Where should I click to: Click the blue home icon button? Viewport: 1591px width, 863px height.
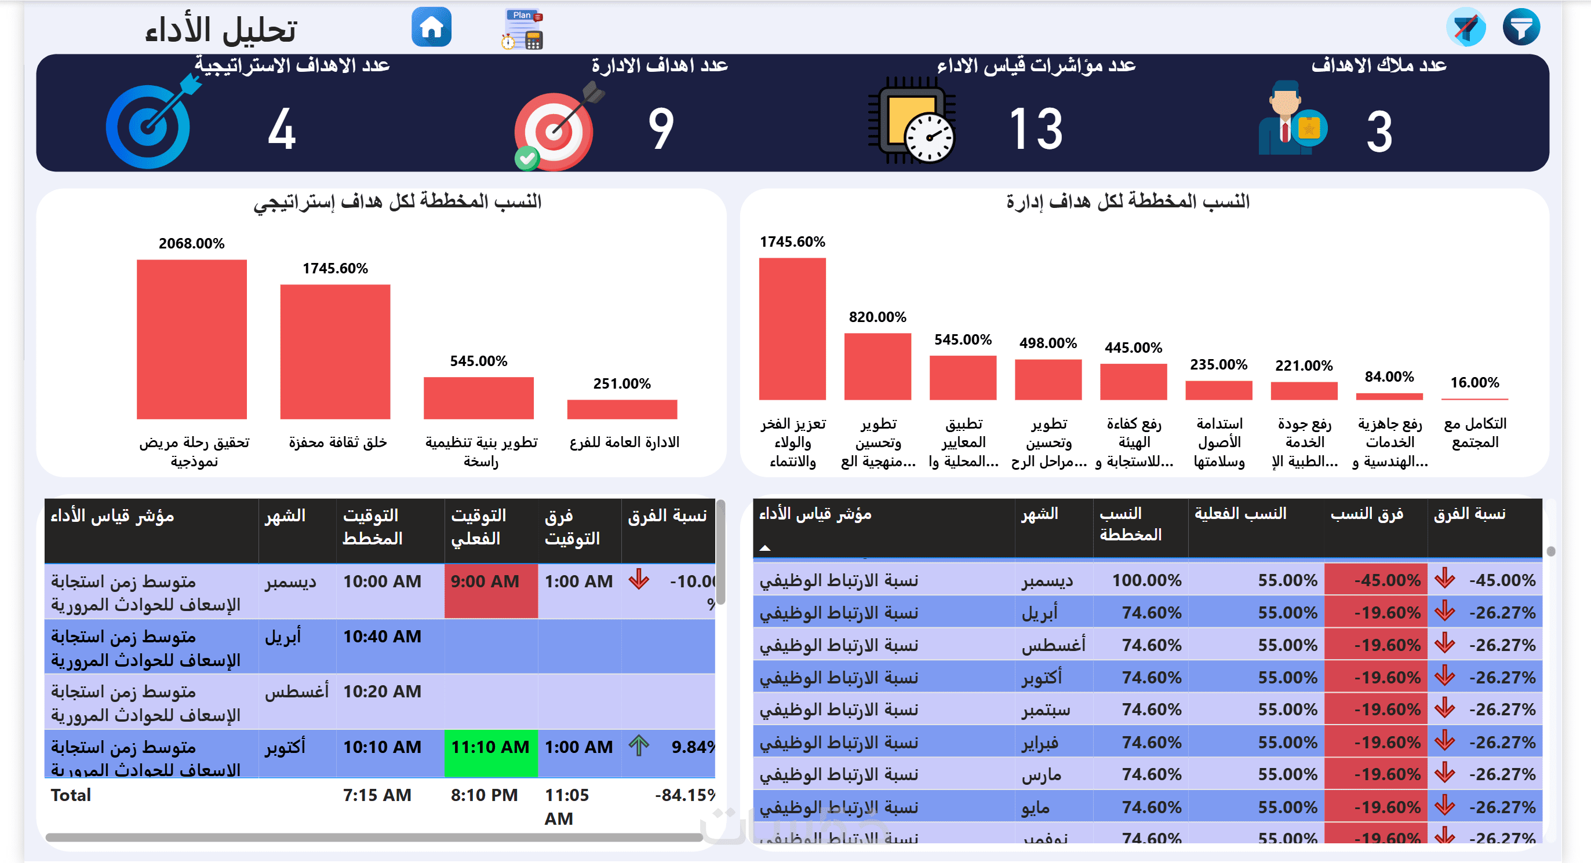(431, 27)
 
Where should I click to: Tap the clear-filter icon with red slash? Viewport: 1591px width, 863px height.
(1465, 27)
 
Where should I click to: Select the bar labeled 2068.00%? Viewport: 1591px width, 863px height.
(191, 339)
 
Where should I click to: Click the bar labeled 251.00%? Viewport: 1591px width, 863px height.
(621, 409)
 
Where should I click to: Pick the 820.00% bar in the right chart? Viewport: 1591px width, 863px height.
(877, 366)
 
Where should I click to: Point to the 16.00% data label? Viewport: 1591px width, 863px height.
(1475, 383)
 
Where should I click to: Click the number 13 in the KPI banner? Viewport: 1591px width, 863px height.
(1036, 129)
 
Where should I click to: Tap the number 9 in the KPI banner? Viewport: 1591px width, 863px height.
(660, 129)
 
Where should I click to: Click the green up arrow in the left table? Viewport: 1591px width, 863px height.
(639, 745)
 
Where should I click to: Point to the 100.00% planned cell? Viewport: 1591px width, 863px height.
(1146, 580)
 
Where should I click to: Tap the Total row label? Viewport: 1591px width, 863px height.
(71, 795)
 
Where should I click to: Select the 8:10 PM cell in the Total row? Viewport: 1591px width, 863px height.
(483, 795)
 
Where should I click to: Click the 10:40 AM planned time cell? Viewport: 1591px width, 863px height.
(382, 637)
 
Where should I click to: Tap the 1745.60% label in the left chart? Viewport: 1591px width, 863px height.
(335, 269)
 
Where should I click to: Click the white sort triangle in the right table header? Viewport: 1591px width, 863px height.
(764, 547)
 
